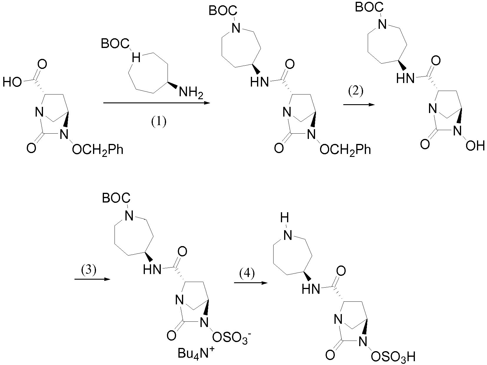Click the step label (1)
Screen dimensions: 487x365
pos(159,122)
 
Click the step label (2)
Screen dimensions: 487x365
pos(355,91)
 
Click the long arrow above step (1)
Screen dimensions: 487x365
pos(157,103)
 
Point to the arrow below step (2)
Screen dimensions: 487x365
pos(359,105)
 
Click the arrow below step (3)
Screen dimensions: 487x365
pos(92,279)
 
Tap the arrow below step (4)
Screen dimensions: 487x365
pos(251,283)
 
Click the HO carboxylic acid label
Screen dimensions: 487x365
pos(12,82)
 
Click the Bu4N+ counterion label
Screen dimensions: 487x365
pos(196,353)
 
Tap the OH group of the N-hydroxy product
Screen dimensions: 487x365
pos(475,146)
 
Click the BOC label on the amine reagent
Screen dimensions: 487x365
pos(115,44)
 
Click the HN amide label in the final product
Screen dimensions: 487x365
pos(311,289)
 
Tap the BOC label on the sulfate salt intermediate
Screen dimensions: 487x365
pos(116,198)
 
